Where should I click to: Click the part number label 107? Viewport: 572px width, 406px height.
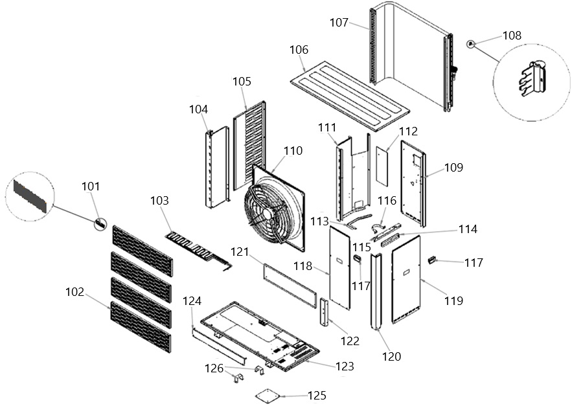pos(339,23)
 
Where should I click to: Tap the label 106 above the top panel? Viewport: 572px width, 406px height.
pos(299,50)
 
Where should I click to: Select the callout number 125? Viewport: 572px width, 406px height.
pos(317,396)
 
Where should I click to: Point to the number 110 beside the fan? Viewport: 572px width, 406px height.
pos(293,151)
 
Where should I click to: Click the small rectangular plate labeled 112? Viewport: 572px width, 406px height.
pos(382,166)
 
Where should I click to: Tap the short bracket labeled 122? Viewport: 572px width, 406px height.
pos(325,312)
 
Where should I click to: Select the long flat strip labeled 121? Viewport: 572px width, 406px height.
pos(290,286)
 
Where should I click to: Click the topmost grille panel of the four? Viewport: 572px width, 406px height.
pos(143,251)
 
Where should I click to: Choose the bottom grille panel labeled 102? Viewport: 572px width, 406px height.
pos(141,327)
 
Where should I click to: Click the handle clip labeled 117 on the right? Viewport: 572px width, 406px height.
pos(432,260)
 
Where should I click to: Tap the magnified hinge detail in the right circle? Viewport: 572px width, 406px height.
pos(532,79)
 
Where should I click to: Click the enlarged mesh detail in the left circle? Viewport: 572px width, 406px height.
pos(30,196)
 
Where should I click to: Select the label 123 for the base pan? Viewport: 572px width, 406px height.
pos(345,366)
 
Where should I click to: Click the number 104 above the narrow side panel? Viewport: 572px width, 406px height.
pos(199,109)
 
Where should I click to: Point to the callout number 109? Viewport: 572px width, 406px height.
pos(453,168)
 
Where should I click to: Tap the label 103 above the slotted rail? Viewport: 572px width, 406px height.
pos(160,200)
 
